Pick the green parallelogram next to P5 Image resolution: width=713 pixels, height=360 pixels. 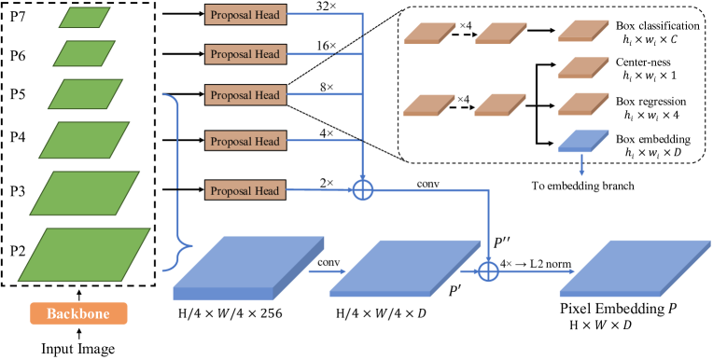85,94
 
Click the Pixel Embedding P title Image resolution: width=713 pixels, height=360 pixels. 617,307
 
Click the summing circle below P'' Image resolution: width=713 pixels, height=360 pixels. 486,271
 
